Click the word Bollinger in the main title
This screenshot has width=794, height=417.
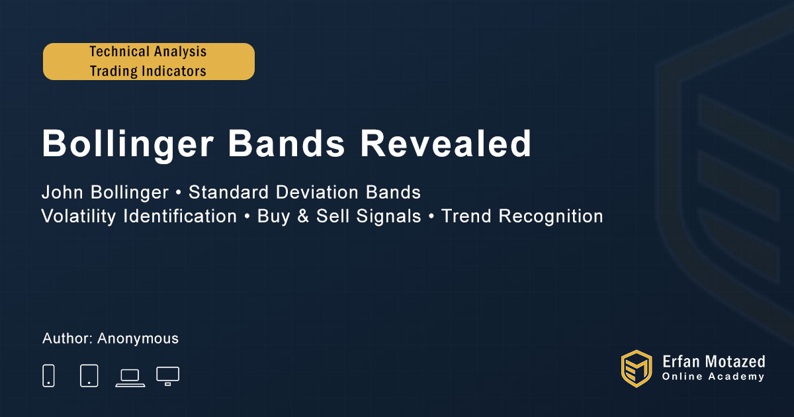pyautogui.click(x=128, y=144)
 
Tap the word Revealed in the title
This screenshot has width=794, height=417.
pyautogui.click(x=445, y=143)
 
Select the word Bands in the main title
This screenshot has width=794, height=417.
pyautogui.click(x=287, y=143)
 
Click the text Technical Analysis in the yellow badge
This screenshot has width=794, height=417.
pyautogui.click(x=148, y=52)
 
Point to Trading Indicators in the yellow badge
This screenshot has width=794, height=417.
pyautogui.click(x=148, y=71)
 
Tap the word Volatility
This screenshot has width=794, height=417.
pyautogui.click(x=78, y=216)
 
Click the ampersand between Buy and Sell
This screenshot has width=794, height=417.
pyautogui.click(x=303, y=216)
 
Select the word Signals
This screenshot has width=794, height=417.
pyautogui.click(x=388, y=216)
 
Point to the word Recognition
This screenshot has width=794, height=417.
pyautogui.click(x=551, y=216)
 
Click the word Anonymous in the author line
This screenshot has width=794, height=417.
pyautogui.click(x=138, y=339)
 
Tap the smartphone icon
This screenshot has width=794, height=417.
pyautogui.click(x=48, y=375)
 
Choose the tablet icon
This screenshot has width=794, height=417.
pyautogui.click(x=89, y=375)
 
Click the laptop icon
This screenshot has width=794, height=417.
pyautogui.click(x=130, y=378)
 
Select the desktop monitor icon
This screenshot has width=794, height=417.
pyautogui.click(x=167, y=376)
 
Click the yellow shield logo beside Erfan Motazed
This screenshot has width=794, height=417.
pyautogui.click(x=637, y=369)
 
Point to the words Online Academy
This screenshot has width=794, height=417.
pyautogui.click(x=713, y=377)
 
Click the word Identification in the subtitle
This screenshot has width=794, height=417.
pyautogui.click(x=180, y=216)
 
